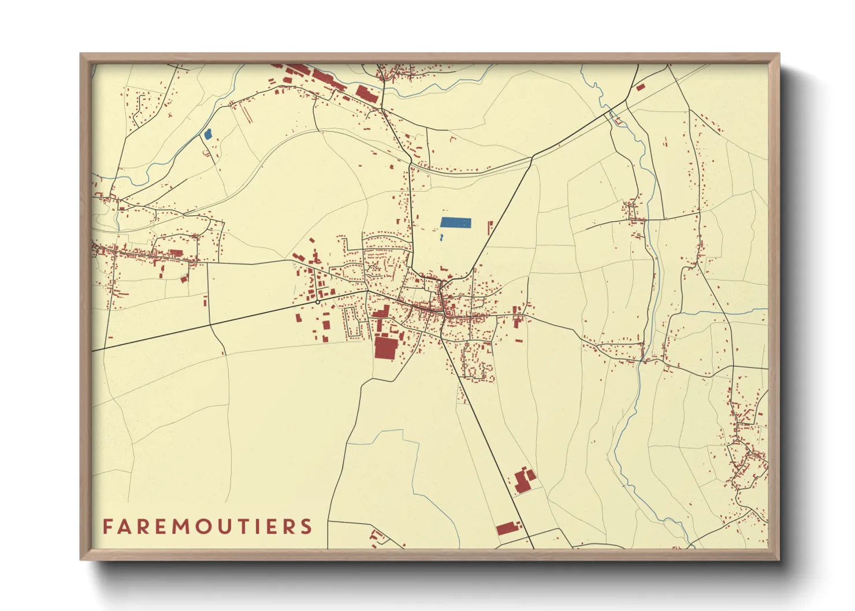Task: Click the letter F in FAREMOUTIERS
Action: pyautogui.click(x=107, y=527)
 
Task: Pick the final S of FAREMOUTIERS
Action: pyautogui.click(x=306, y=527)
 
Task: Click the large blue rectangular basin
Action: pyautogui.click(x=456, y=222)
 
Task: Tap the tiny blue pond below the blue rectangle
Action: pyautogui.click(x=441, y=237)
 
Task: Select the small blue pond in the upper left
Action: pyautogui.click(x=208, y=133)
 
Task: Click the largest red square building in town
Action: pyautogui.click(x=386, y=348)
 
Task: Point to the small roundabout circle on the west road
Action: pyautogui.click(x=318, y=301)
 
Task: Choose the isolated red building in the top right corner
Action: pyautogui.click(x=640, y=87)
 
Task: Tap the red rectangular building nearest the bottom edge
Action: pyautogui.click(x=505, y=528)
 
